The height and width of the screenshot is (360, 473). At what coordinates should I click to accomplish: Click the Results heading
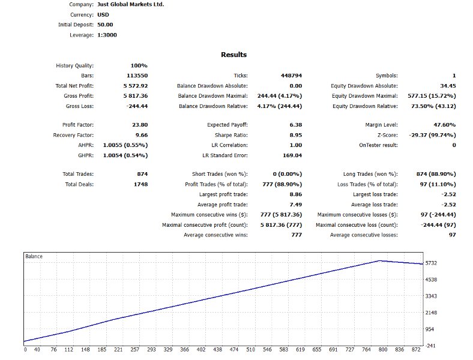click(233, 55)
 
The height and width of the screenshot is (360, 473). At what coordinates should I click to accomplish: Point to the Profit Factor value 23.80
click(139, 125)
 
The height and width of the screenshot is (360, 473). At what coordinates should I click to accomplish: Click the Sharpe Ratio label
click(230, 135)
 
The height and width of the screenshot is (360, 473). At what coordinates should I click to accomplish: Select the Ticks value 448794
click(291, 76)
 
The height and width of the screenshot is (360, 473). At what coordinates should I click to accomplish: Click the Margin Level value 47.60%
click(444, 125)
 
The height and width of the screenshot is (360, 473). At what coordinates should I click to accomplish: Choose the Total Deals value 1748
click(139, 184)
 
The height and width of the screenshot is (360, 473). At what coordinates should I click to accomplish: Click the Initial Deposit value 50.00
click(104, 25)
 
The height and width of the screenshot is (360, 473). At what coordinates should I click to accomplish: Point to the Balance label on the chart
click(34, 256)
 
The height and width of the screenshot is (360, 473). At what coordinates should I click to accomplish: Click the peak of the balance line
click(379, 260)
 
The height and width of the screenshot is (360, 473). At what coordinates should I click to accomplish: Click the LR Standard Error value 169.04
click(292, 155)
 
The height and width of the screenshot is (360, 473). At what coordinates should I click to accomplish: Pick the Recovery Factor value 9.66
click(141, 135)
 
